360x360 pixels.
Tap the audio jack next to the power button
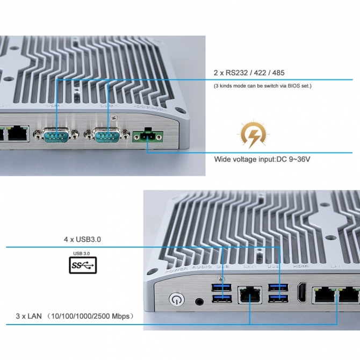[x=200, y=302]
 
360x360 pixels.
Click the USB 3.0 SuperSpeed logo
[x=83, y=265]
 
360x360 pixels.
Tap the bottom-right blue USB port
[x=277, y=298]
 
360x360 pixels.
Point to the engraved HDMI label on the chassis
[x=299, y=266]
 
